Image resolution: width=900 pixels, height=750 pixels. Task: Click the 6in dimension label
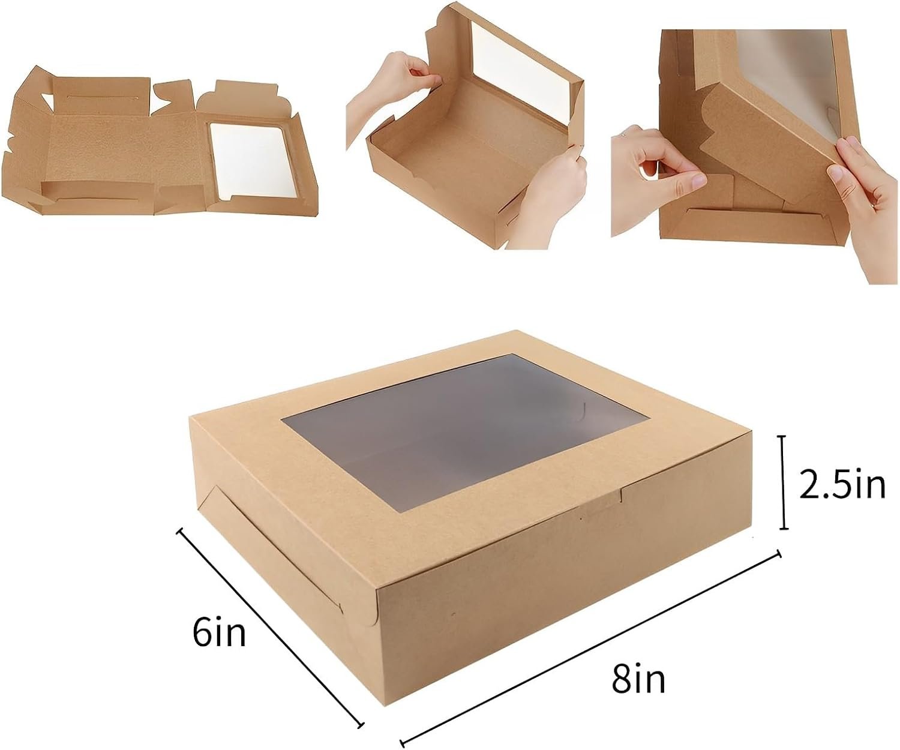pos(220,632)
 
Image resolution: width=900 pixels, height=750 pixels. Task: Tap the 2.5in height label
pos(842,485)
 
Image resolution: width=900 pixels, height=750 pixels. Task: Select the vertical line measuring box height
pos(782,483)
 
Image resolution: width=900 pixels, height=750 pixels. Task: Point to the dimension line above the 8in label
pos(591,645)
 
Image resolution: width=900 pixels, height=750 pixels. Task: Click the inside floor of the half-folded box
pos(462,144)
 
